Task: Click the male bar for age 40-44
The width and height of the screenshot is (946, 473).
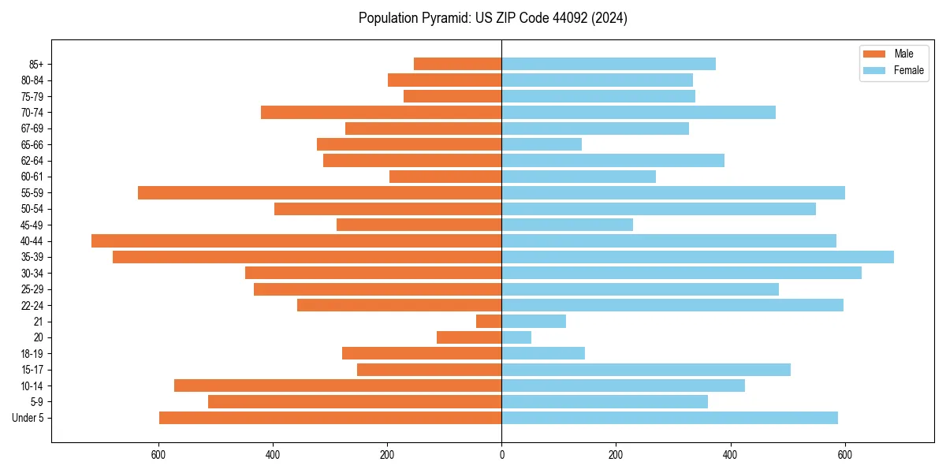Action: point(296,241)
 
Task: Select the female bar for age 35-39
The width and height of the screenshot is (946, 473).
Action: point(698,257)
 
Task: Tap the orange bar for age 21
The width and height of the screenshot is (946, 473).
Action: point(489,322)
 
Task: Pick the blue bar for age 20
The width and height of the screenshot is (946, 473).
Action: point(516,337)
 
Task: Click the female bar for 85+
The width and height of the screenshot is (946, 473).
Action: point(609,64)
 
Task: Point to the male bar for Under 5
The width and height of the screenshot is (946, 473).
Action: point(330,418)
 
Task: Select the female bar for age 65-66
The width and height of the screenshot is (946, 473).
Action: point(542,144)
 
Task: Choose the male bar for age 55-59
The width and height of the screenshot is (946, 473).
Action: point(320,193)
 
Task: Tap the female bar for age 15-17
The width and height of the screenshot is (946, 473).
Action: point(646,370)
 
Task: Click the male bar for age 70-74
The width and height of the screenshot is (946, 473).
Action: point(382,113)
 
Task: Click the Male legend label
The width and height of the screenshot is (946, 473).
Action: point(903,54)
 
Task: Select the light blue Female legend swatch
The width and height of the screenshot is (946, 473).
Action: point(874,70)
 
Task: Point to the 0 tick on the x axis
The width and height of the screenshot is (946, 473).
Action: point(501,455)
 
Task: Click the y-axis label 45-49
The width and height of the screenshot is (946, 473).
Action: point(32,225)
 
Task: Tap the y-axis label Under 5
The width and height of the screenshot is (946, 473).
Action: point(28,418)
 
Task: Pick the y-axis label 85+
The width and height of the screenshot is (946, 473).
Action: point(35,65)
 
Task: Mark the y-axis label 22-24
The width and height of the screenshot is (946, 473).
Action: point(32,306)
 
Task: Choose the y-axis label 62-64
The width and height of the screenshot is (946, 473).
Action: point(32,161)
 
